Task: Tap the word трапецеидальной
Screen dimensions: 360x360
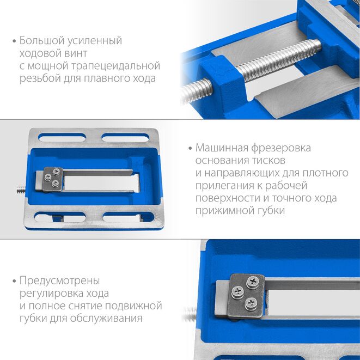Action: tap(115, 66)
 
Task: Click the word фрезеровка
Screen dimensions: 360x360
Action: tap(281, 148)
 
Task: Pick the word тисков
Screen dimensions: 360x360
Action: tap(269, 160)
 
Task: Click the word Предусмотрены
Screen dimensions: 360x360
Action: tap(59, 281)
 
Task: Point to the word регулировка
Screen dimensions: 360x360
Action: tap(50, 294)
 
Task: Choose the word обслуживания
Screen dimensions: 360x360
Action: tap(106, 319)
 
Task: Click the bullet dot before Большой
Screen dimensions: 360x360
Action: tap(15, 41)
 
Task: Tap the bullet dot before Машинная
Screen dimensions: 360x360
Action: tap(190, 148)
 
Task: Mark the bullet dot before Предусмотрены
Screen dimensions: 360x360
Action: tap(15, 281)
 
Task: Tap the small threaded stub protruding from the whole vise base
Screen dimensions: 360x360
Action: tap(21, 190)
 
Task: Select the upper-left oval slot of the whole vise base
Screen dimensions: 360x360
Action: tap(62, 137)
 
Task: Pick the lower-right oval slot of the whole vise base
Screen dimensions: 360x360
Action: tap(129, 217)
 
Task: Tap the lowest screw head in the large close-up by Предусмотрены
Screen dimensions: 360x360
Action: tap(251, 303)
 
